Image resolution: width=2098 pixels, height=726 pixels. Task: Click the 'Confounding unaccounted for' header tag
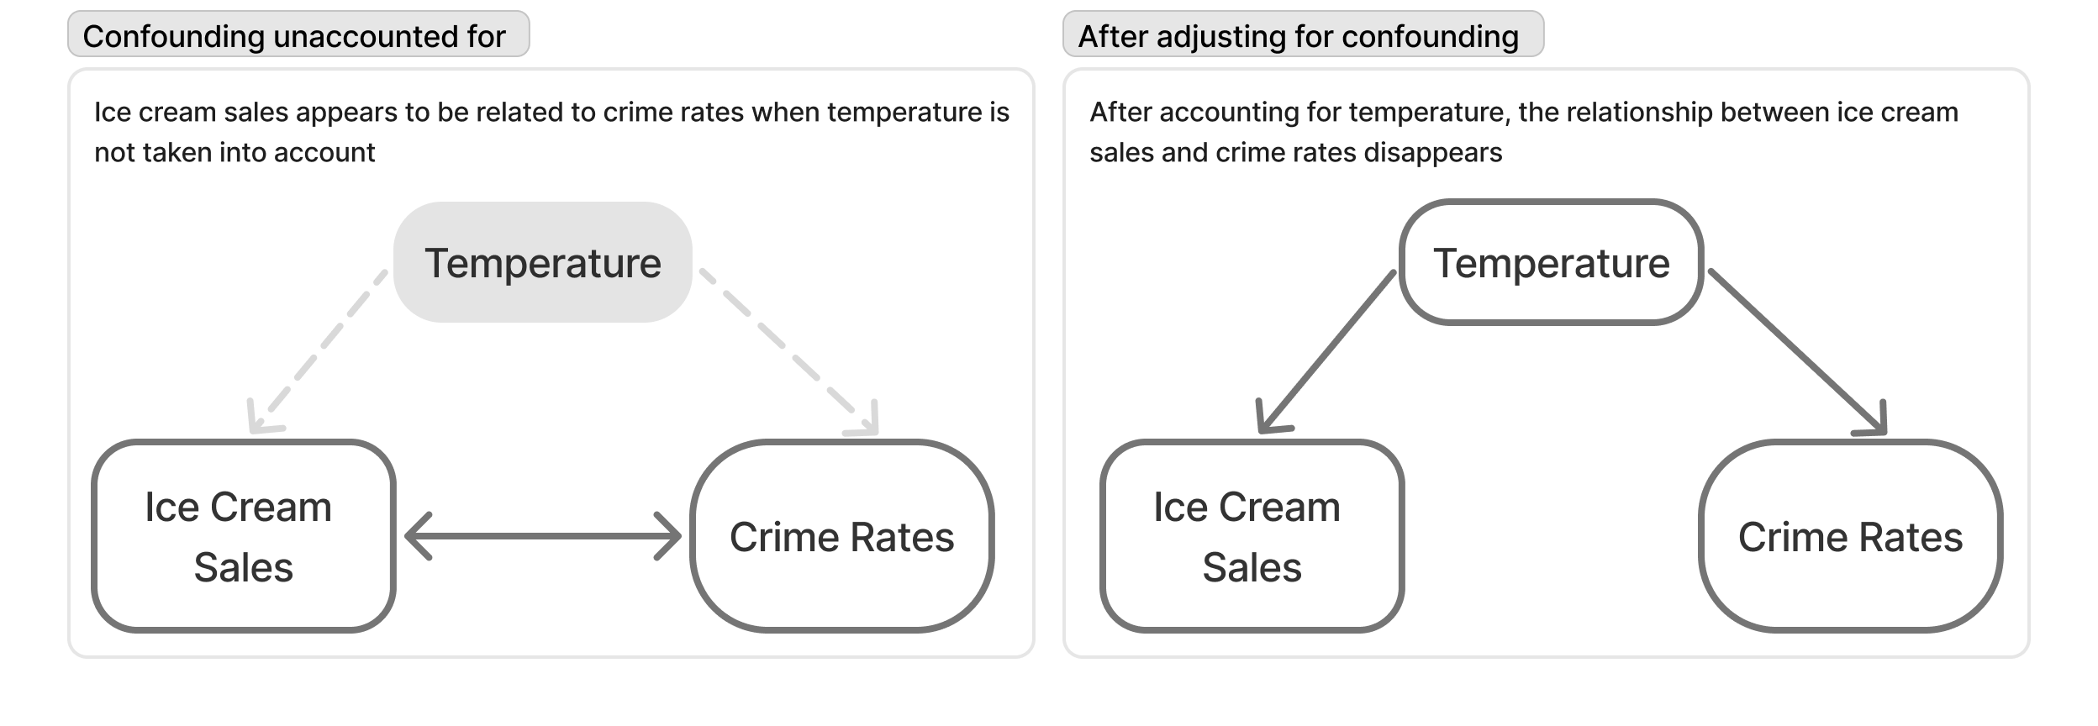coord(298,34)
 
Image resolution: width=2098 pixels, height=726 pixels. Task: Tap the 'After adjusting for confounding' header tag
coord(1303,34)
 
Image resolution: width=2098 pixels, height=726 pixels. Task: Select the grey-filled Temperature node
coord(543,262)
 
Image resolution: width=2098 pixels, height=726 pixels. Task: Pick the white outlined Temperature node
coord(1552,262)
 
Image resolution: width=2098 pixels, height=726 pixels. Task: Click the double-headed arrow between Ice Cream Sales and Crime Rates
coord(543,536)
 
